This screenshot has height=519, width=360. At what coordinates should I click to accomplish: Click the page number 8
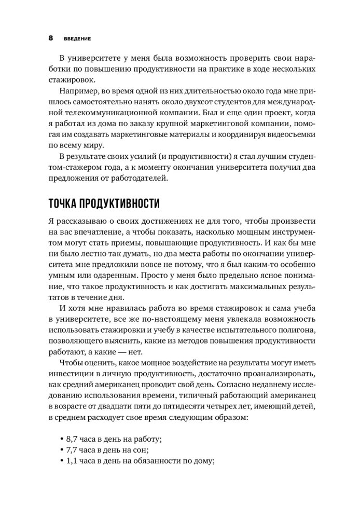(51, 38)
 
